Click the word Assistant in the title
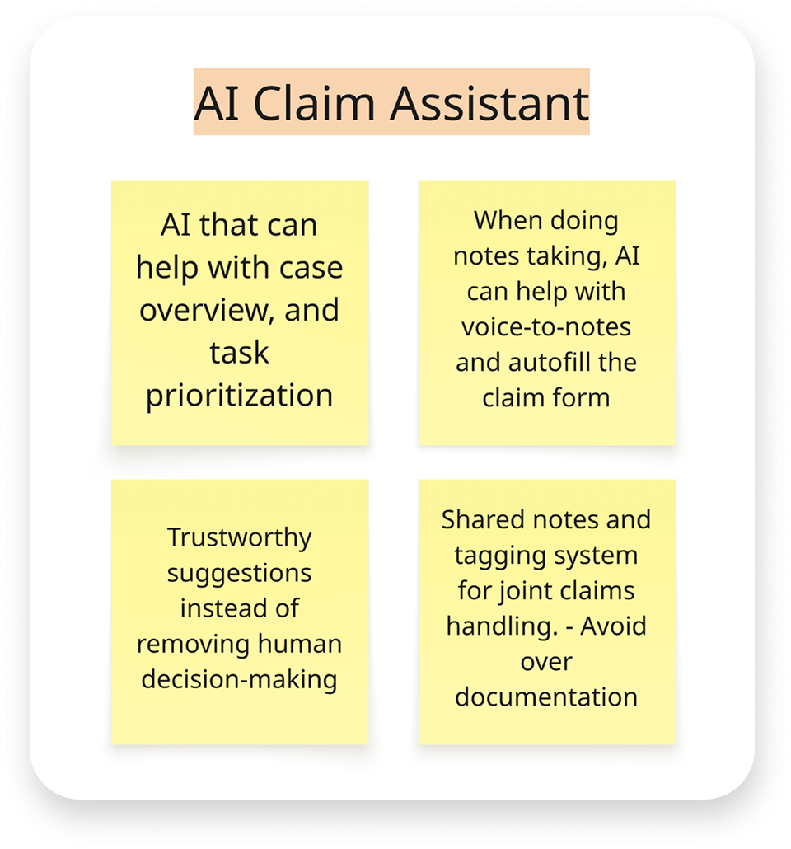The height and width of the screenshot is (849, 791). point(489,103)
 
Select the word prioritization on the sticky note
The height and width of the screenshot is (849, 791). point(240,395)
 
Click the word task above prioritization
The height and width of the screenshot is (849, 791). point(239,352)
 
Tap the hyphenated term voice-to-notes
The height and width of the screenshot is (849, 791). point(546,327)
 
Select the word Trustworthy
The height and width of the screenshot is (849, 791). point(240,537)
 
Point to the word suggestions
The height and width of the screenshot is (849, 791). point(240,572)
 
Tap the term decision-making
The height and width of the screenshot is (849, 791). point(240,678)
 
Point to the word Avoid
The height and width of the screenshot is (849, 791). point(613,626)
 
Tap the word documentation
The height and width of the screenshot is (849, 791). point(546,697)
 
